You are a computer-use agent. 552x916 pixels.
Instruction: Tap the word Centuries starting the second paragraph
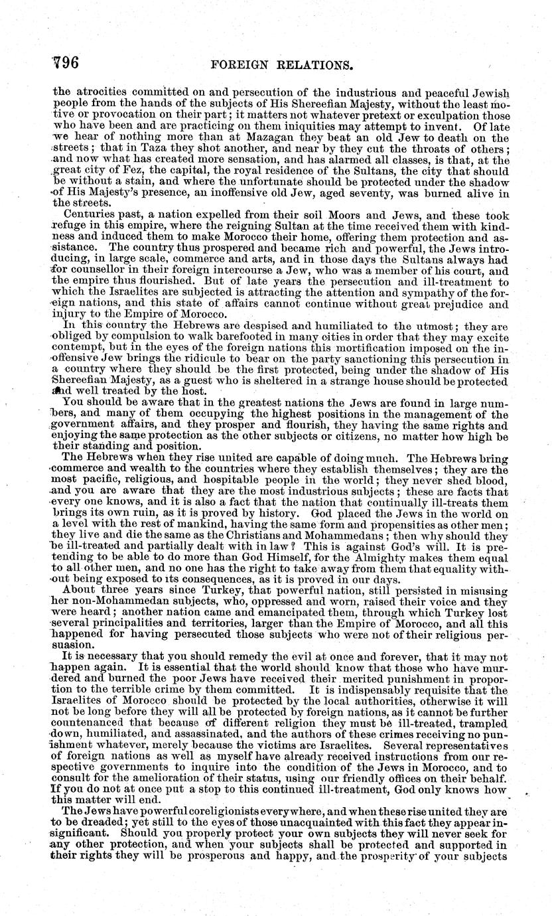coord(88,215)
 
